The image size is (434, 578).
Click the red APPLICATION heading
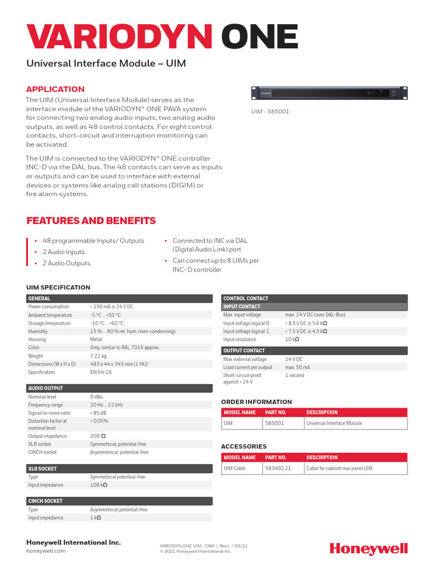point(55,89)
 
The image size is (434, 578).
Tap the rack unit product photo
point(329,93)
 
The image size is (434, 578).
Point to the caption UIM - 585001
point(270,112)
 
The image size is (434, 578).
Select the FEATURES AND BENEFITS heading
point(91,221)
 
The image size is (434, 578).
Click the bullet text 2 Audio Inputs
point(63,252)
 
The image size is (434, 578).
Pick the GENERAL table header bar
point(119,298)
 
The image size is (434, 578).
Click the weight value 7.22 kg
point(99,356)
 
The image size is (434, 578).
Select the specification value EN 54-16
point(101,372)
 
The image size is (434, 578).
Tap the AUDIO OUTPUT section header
point(119,388)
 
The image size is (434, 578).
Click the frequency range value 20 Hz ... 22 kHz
point(106,405)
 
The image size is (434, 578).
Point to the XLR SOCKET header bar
point(119,468)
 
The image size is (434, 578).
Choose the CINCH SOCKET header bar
point(119,501)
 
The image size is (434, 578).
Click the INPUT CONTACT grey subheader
point(314,306)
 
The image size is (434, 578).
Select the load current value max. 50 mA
point(298,367)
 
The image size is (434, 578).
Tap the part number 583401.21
point(278,468)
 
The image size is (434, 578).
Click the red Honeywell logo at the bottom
point(368,549)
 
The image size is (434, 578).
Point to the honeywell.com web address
point(46,551)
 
